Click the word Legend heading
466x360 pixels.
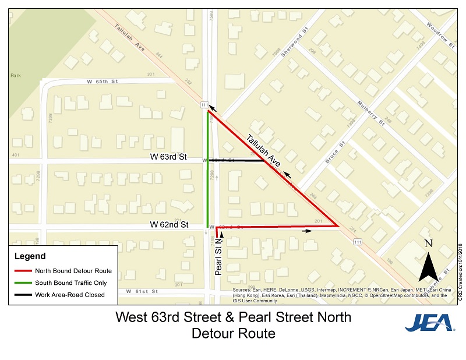pos(30,256)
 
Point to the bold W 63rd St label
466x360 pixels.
pos(168,157)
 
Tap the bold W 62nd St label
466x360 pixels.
pos(169,224)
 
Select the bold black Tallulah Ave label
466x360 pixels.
pos(264,150)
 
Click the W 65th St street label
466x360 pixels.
pos(102,82)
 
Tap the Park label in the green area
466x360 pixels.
pos(15,75)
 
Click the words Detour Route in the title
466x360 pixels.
pos(233,334)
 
